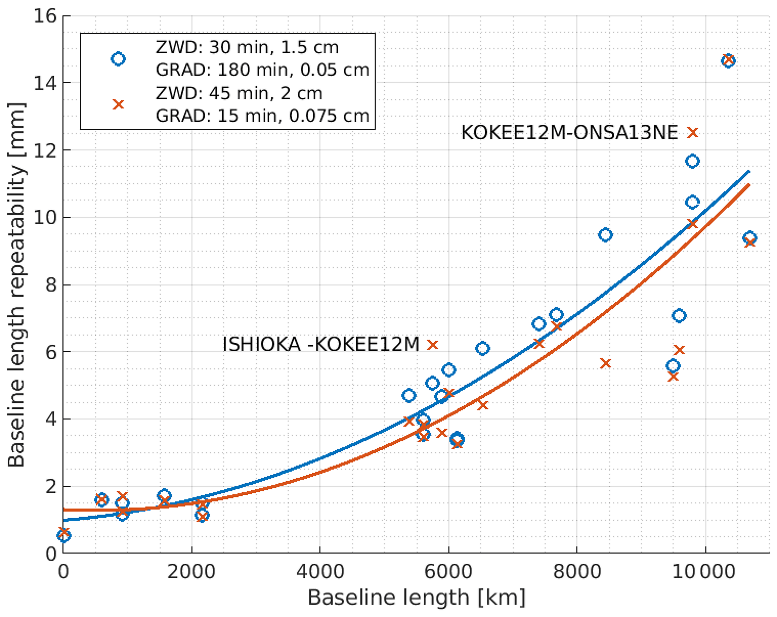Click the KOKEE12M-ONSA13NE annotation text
pyautogui.click(x=569, y=133)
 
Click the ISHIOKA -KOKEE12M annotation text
pyautogui.click(x=321, y=345)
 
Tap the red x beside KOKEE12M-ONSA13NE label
pyautogui.click(x=693, y=133)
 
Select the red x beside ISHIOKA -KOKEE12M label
pyautogui.click(x=433, y=345)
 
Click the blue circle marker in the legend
pyautogui.click(x=118, y=59)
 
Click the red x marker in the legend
pyautogui.click(x=118, y=104)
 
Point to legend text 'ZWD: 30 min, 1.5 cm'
pyautogui.click(x=247, y=48)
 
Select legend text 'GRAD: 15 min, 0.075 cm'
pyautogui.click(x=262, y=116)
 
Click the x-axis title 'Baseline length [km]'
pyautogui.click(x=416, y=598)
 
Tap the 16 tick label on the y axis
pyautogui.click(x=46, y=16)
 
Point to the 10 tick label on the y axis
pyautogui.click(x=46, y=217)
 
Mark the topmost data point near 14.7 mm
pyautogui.click(x=728, y=60)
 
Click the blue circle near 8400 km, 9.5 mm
pyautogui.click(x=606, y=235)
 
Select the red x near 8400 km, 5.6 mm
pyautogui.click(x=606, y=363)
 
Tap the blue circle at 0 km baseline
pyautogui.click(x=64, y=536)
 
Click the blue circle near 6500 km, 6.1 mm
pyautogui.click(x=482, y=348)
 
